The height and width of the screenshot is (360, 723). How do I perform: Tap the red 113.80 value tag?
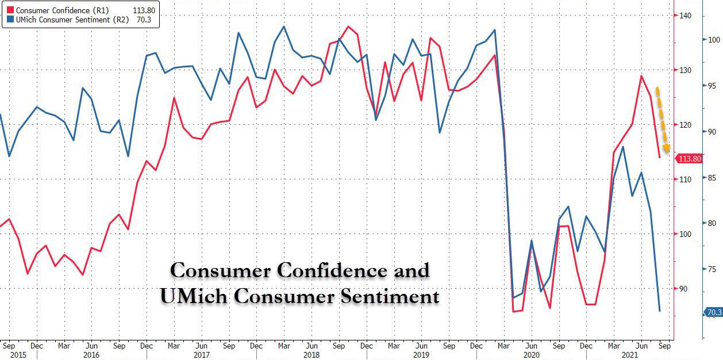pos(690,159)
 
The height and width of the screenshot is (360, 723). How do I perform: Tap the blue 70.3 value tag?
pos(714,312)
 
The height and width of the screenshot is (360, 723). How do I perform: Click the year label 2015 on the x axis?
pos(9,355)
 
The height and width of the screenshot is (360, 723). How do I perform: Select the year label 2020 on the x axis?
pos(532,355)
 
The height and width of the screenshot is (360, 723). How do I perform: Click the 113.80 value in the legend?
pos(143,10)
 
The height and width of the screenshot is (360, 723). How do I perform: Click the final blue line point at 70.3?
pos(659,311)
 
